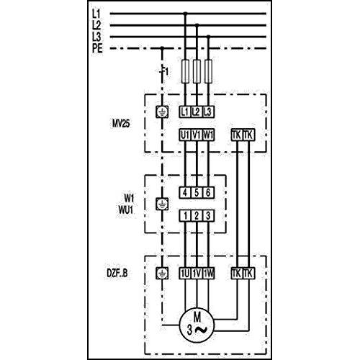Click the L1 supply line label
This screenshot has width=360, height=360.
[x=96, y=14]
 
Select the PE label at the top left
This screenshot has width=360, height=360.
[x=97, y=48]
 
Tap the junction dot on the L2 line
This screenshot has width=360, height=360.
[x=197, y=25]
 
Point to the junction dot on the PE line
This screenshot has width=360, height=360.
[x=162, y=48]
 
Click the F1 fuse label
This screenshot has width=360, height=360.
[x=165, y=71]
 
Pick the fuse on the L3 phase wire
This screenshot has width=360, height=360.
[x=209, y=71]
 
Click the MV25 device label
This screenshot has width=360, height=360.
[x=121, y=124]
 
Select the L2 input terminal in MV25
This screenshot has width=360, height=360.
[x=197, y=112]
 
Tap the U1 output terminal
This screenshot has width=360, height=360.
[x=185, y=135]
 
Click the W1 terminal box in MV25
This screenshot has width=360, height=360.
[x=208, y=135]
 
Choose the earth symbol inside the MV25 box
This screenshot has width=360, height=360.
[x=162, y=112]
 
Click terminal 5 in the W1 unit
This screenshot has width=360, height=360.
[x=197, y=192]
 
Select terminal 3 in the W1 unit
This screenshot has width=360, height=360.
[x=208, y=215]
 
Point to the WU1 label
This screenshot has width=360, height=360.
[x=125, y=210]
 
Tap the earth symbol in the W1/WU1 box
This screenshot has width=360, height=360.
[x=162, y=204]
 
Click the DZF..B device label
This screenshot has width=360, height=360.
[x=117, y=273]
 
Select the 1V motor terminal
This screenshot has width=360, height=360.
[x=197, y=274]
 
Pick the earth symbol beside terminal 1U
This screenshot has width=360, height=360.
[x=162, y=273]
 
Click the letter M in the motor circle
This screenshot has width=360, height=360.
[x=197, y=318]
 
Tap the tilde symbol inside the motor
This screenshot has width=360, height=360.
[x=201, y=330]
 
